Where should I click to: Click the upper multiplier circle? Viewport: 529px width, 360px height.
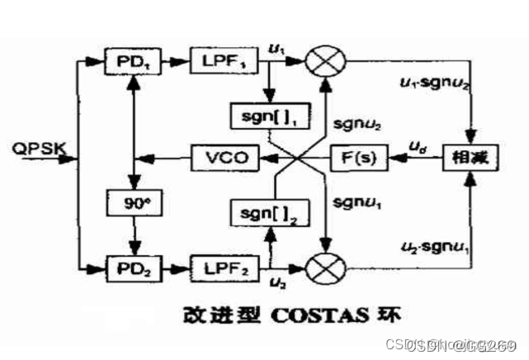click(x=325, y=59)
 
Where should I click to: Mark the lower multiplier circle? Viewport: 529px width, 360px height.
click(x=325, y=268)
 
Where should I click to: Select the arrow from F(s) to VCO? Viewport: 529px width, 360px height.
click(x=293, y=156)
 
